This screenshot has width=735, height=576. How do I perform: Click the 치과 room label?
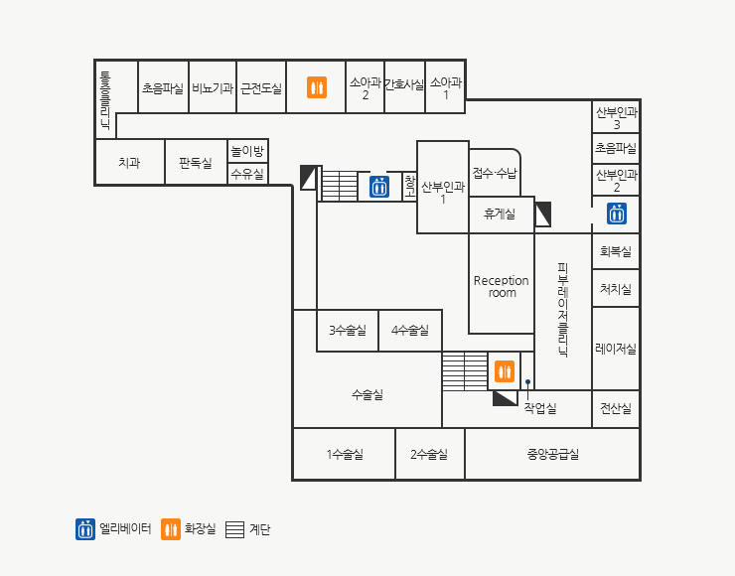point(129,163)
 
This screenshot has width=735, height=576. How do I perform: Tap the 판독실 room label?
point(196,163)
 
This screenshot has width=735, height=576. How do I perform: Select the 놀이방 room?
point(247,151)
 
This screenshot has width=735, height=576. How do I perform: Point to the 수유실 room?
point(247,174)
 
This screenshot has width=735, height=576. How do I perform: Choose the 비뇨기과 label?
point(213,88)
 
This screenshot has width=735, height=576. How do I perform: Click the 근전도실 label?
point(261,88)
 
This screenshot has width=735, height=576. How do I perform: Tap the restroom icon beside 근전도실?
point(317,87)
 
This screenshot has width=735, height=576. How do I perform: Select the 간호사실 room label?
point(404,84)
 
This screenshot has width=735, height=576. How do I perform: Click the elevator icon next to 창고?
point(379,187)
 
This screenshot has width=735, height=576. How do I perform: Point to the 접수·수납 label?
point(495,174)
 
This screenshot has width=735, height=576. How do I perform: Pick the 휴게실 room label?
point(500,215)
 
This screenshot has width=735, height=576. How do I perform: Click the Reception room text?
point(502,286)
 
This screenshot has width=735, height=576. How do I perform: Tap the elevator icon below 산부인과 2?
point(617,214)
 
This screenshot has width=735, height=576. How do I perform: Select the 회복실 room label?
point(616,251)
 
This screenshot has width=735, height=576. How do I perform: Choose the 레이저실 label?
point(616,349)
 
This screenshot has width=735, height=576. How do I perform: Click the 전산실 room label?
point(616,409)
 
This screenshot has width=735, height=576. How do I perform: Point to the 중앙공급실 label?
point(553,454)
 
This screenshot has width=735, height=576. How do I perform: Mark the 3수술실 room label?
point(348,331)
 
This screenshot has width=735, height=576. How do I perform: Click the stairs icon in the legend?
point(234,529)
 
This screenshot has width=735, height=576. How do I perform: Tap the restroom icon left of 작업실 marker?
point(505,371)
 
